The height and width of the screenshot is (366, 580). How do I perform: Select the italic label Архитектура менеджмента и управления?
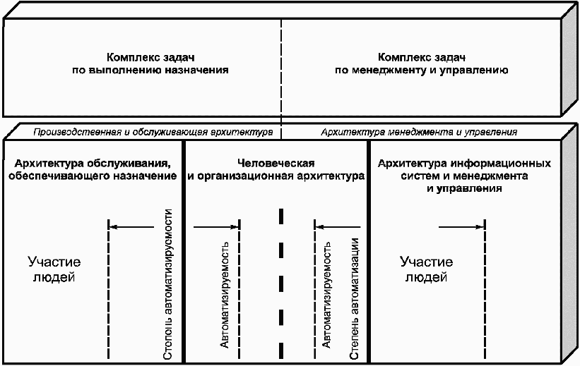point(419,132)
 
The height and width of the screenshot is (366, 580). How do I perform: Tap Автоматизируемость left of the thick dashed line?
point(225,296)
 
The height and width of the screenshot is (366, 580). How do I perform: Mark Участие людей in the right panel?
point(425,269)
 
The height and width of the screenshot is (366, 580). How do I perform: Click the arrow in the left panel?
point(132,226)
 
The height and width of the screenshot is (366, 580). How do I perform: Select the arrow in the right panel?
point(461,226)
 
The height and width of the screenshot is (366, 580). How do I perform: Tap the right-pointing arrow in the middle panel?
point(216,226)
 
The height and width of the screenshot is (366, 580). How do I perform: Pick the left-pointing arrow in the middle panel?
point(338,226)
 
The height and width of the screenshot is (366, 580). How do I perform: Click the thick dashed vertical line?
point(281,282)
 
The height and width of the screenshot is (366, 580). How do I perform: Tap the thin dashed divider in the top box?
point(281,71)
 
